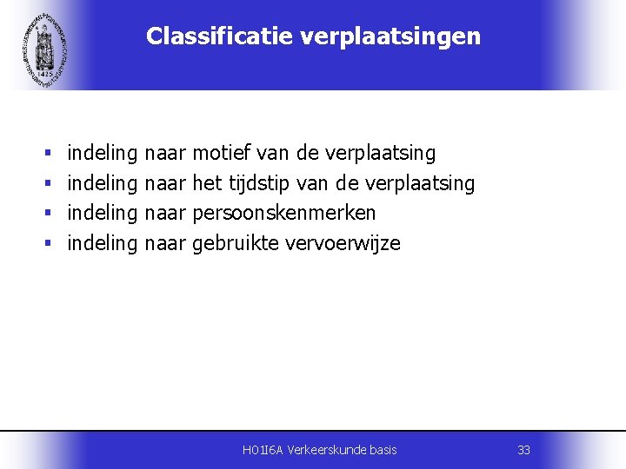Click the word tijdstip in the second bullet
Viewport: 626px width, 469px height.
260,183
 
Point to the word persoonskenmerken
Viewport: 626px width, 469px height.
284,214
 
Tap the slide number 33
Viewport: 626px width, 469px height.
523,450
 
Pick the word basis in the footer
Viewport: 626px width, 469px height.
383,450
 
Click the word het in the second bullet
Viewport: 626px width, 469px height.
208,183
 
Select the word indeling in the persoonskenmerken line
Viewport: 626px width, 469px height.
103,214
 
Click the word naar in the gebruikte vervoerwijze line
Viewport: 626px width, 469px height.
165,243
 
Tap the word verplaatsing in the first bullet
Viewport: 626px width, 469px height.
380,154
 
